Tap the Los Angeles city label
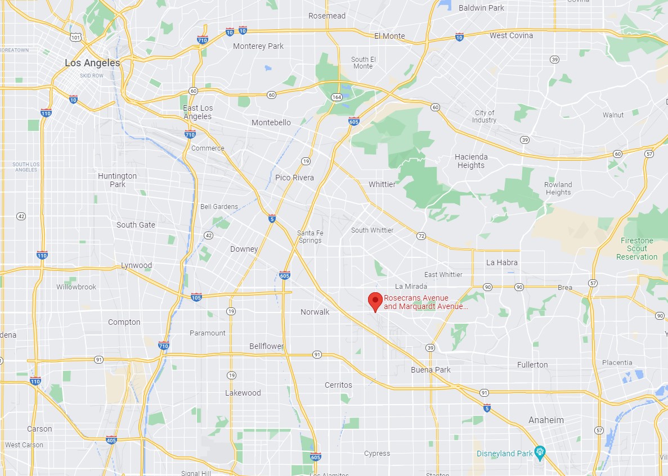click(92, 63)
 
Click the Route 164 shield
click(337, 97)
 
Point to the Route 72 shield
click(421, 236)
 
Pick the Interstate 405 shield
click(111, 440)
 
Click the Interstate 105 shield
click(196, 296)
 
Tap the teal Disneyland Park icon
click(540, 452)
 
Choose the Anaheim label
click(546, 420)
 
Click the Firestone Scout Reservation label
click(636, 248)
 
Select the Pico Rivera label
click(294, 178)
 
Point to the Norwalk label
click(315, 312)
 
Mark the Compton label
click(124, 322)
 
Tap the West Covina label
click(511, 35)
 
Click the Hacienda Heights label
click(471, 161)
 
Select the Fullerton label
click(532, 365)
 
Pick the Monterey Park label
click(258, 46)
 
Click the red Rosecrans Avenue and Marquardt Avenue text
click(425, 302)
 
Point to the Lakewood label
click(243, 393)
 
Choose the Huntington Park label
click(117, 180)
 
